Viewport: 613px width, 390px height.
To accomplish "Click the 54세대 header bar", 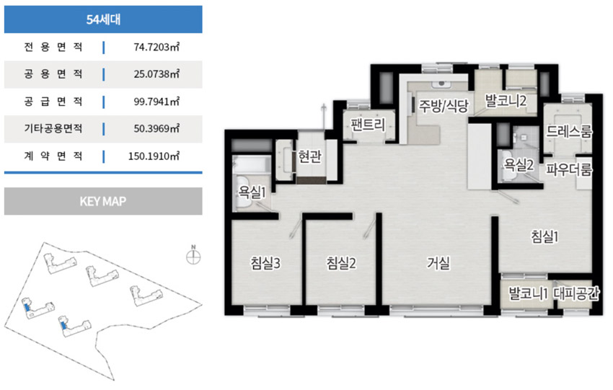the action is [103, 19].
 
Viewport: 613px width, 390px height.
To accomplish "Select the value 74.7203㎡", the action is [156, 47].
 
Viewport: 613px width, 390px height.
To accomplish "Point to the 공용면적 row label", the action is [53, 74].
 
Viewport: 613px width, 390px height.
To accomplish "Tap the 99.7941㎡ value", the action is [156, 102].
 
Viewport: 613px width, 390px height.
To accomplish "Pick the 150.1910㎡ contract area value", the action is [154, 156].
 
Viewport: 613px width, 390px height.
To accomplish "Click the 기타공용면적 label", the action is [53, 128].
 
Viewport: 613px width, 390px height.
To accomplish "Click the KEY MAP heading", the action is [103, 201].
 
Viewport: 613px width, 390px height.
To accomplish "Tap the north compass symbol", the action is [193, 256].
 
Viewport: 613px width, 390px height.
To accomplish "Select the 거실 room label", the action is [438, 263].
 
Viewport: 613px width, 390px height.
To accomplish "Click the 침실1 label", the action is [544, 236].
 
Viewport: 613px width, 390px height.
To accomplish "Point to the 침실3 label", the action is [265, 263].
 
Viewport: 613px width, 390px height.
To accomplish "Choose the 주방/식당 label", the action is [444, 105].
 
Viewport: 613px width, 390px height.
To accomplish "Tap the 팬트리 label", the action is [368, 125].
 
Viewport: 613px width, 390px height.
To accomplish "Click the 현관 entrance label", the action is [309, 156].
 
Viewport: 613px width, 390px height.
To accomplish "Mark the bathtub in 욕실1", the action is [252, 164].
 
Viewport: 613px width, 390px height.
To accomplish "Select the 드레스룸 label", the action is [569, 131].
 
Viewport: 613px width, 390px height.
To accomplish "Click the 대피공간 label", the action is [576, 293].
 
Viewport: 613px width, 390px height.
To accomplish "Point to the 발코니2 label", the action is [506, 101].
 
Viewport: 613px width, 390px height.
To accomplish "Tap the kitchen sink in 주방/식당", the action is [442, 84].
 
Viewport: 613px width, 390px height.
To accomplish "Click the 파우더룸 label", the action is [569, 169].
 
